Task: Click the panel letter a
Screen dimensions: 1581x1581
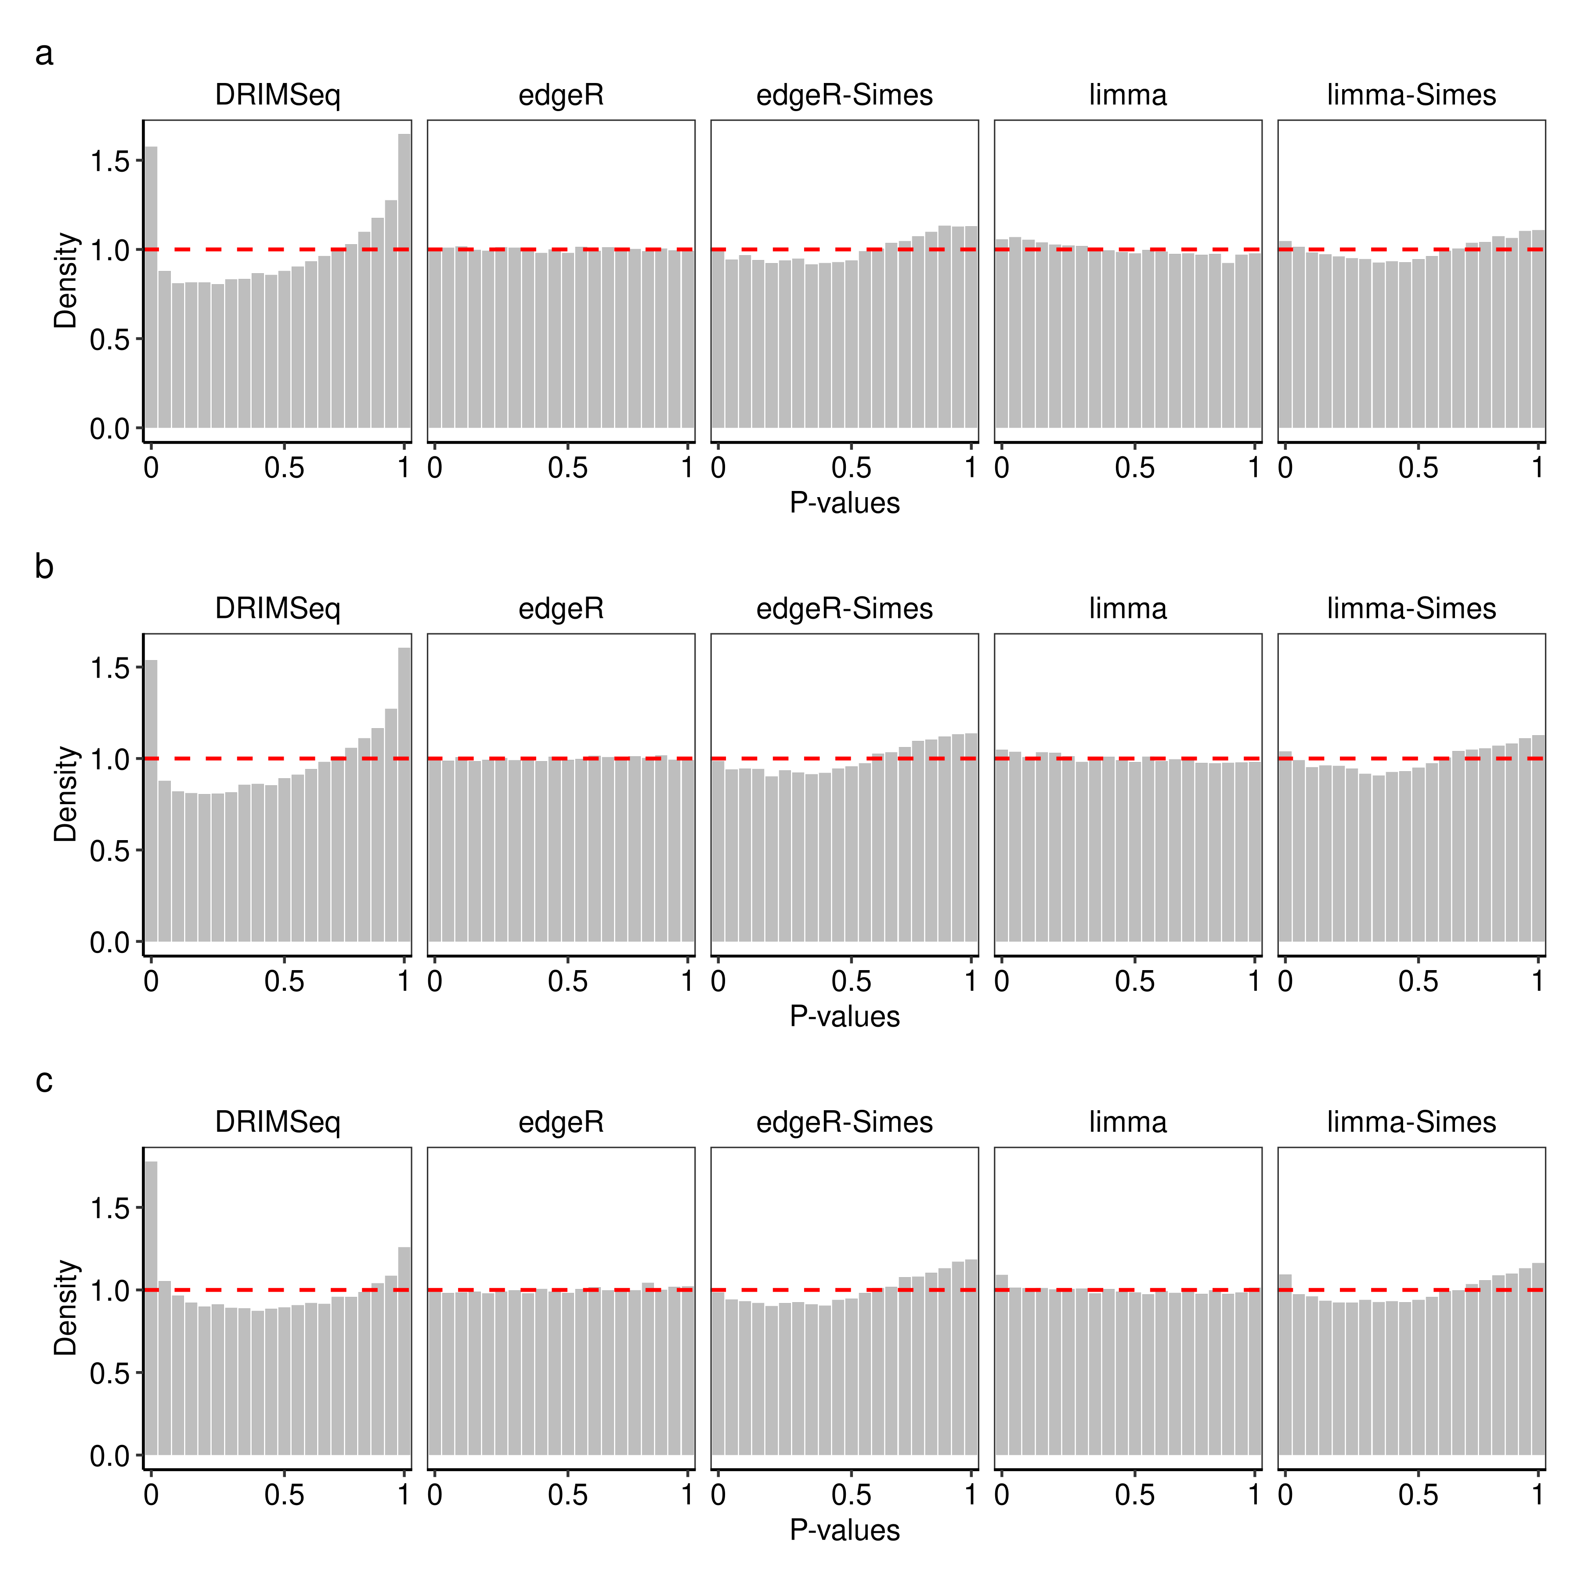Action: [x=44, y=54]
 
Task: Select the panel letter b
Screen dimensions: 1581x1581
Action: [x=44, y=566]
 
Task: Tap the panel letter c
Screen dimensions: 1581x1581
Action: [x=44, y=1081]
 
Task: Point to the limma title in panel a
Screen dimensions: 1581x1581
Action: [x=1128, y=95]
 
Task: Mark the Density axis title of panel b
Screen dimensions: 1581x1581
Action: [x=65, y=794]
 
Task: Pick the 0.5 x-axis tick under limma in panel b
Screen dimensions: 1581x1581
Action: [x=1134, y=981]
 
